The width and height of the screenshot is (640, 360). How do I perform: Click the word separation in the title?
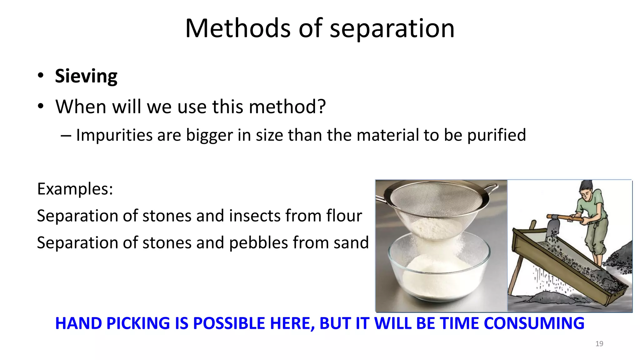tap(392, 29)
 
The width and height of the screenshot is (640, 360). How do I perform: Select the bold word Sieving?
tap(86, 76)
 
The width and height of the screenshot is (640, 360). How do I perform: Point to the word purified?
tap(497, 135)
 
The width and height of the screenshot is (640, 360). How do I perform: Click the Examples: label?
tap(75, 189)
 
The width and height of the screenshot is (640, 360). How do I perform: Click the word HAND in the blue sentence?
tap(78, 323)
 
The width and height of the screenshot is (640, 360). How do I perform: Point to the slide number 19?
tap(599, 344)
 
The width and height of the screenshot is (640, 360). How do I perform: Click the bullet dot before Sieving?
tap(40, 76)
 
